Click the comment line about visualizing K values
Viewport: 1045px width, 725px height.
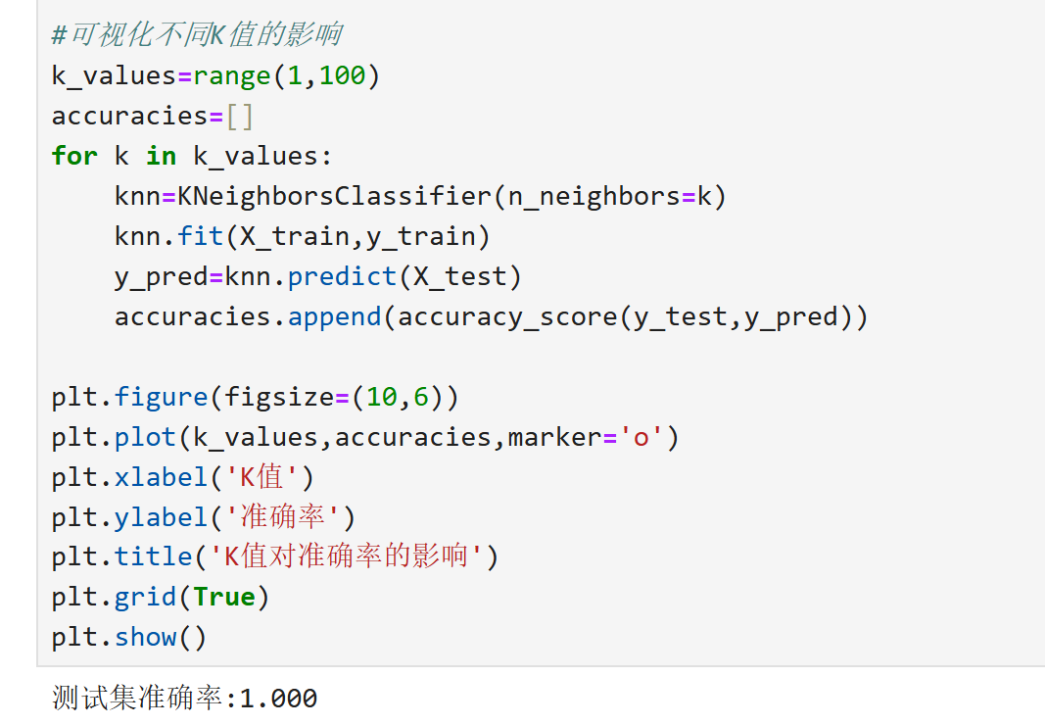click(x=196, y=35)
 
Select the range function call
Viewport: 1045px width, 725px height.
click(x=232, y=75)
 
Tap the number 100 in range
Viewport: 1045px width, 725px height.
click(x=342, y=75)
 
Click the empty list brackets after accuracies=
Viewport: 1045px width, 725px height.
click(x=240, y=116)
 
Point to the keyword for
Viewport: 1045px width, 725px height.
click(x=74, y=156)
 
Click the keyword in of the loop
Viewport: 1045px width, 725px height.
click(x=161, y=156)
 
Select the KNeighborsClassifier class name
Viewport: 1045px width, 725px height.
click(x=334, y=196)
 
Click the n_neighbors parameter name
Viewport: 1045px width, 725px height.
click(x=586, y=196)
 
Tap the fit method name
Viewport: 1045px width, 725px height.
click(x=201, y=236)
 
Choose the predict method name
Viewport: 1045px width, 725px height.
click(x=342, y=276)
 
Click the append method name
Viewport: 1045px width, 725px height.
click(x=334, y=316)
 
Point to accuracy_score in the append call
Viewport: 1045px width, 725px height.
click(x=507, y=316)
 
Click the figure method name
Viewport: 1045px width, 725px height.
click(x=161, y=397)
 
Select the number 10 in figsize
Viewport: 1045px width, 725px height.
click(x=381, y=397)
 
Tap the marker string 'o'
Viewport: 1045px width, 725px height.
click(x=641, y=437)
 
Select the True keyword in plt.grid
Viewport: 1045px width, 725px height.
click(x=224, y=598)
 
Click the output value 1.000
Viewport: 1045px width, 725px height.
click(x=278, y=699)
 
